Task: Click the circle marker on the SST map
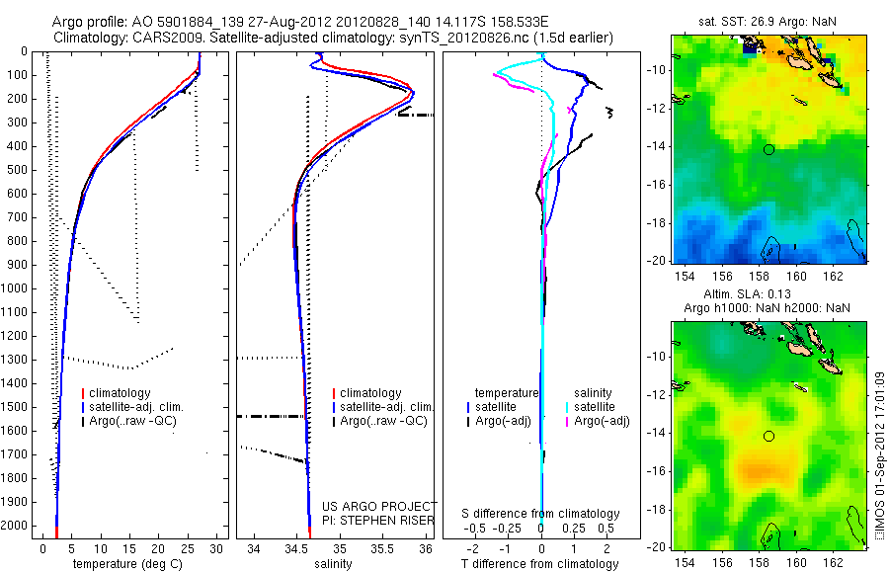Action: point(768,149)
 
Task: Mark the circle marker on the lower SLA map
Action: point(768,436)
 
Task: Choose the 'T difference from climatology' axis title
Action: point(540,564)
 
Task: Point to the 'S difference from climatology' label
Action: point(541,514)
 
